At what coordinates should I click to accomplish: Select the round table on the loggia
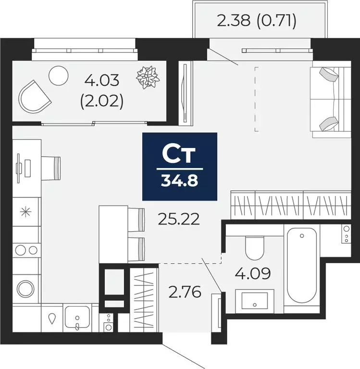[60, 75]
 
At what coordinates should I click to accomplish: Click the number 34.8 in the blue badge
[180, 181]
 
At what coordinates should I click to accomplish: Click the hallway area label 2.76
[184, 291]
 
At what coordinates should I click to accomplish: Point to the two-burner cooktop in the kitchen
[26, 250]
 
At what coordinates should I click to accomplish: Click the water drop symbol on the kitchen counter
[52, 318]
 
